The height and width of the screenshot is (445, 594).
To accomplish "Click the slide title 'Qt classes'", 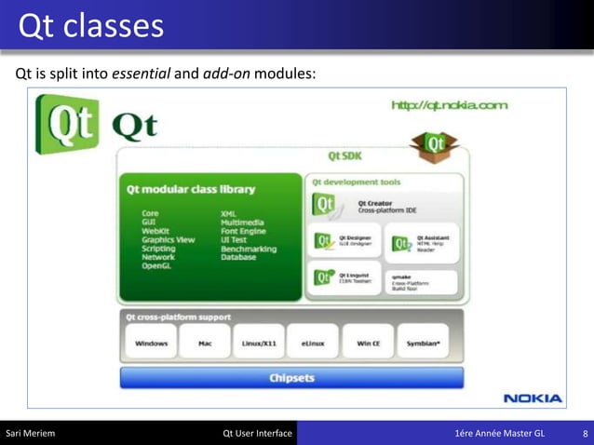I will point(91,26).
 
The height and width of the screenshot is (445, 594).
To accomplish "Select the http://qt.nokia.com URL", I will point(450,105).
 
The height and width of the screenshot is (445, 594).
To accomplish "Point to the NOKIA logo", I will point(533,398).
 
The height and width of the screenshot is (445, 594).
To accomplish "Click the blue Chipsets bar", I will point(291,378).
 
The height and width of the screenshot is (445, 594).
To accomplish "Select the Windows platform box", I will point(151,343).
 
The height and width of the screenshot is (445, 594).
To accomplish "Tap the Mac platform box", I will point(206,343).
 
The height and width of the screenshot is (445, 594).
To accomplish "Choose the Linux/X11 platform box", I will point(258,343).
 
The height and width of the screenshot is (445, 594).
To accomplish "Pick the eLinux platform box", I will point(312,343).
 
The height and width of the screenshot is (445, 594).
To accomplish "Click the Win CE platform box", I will point(368,343).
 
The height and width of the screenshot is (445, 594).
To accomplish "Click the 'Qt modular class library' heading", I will point(191,190).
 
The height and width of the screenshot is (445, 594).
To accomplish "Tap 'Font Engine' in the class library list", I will point(242,231).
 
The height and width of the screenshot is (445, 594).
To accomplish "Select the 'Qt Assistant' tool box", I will point(424,241).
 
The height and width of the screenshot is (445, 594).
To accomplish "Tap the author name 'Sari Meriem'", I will point(32,434).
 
